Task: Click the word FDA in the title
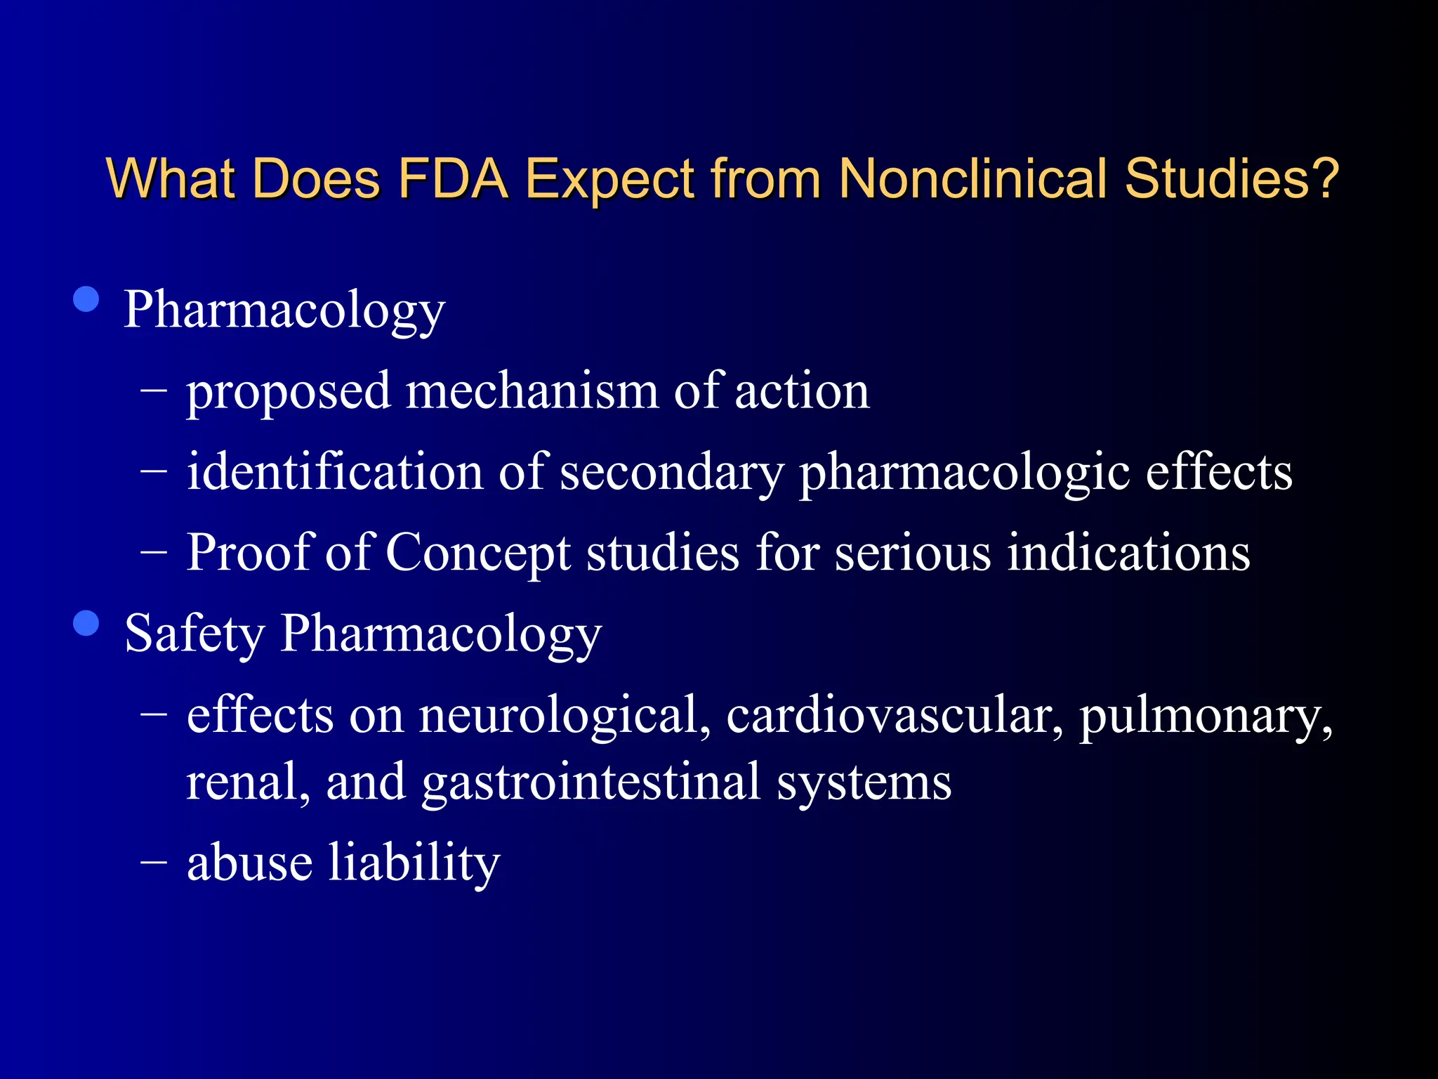453,178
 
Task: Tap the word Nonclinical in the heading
972,178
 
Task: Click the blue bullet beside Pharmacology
86,299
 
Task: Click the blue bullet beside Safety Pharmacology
86,622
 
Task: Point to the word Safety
194,634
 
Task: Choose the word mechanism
532,391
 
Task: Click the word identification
335,471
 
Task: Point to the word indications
1128,553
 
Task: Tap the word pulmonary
1205,716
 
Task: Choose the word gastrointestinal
591,783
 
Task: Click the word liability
414,863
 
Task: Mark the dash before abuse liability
154,861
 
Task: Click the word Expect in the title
610,180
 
